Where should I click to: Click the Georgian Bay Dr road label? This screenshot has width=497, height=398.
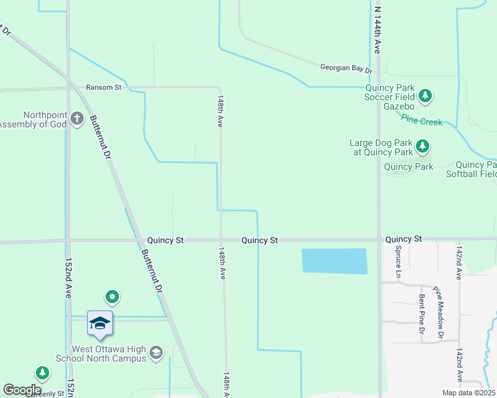click(346, 68)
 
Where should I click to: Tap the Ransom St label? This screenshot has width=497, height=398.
click(104, 87)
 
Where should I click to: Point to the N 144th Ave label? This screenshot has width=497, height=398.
click(377, 30)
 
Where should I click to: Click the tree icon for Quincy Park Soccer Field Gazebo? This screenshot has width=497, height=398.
click(425, 97)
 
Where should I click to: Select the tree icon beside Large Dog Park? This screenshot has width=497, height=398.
click(421, 146)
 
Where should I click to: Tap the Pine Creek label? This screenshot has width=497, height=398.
click(421, 121)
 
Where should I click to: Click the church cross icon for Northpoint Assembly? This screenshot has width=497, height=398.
click(77, 119)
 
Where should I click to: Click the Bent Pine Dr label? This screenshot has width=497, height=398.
click(421, 314)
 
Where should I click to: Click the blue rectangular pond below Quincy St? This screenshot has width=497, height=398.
click(334, 261)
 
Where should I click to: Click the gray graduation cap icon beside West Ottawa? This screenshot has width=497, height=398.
click(156, 352)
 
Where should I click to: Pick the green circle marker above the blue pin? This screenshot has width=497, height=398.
click(112, 296)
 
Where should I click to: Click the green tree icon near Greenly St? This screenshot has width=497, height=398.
click(43, 373)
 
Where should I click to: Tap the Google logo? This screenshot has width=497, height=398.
click(22, 390)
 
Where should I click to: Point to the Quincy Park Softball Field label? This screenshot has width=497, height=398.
click(476, 170)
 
